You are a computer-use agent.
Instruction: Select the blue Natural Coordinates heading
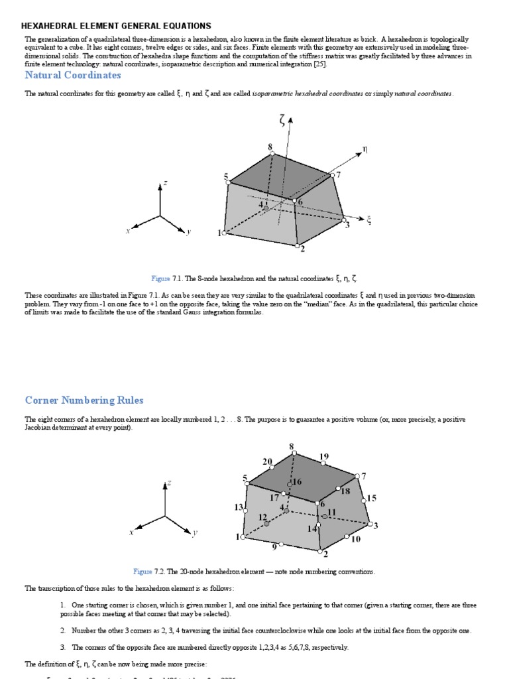pyautogui.click(x=73, y=75)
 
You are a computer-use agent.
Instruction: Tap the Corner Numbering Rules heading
pyautogui.click(x=84, y=401)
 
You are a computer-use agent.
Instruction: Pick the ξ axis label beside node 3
pyautogui.click(x=369, y=220)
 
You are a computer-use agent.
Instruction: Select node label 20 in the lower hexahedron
pyautogui.click(x=267, y=462)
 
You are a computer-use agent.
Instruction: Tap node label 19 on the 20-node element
pyautogui.click(x=323, y=457)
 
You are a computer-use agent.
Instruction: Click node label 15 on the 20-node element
pyautogui.click(x=371, y=498)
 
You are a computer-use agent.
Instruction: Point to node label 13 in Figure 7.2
pyautogui.click(x=239, y=507)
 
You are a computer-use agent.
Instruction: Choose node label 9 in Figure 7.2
pyautogui.click(x=274, y=548)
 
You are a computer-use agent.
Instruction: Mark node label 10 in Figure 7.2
pyautogui.click(x=355, y=539)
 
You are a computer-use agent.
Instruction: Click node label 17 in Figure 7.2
pyautogui.click(x=274, y=497)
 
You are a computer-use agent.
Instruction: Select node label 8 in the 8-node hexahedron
pyautogui.click(x=270, y=146)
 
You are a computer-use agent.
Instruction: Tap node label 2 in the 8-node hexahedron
pyautogui.click(x=302, y=249)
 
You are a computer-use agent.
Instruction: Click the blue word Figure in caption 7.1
pyautogui.click(x=161, y=278)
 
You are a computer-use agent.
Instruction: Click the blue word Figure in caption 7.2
pyautogui.click(x=142, y=571)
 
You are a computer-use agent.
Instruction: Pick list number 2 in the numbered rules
pyautogui.click(x=62, y=631)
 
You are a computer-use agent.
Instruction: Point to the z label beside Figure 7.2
pyautogui.click(x=169, y=483)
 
